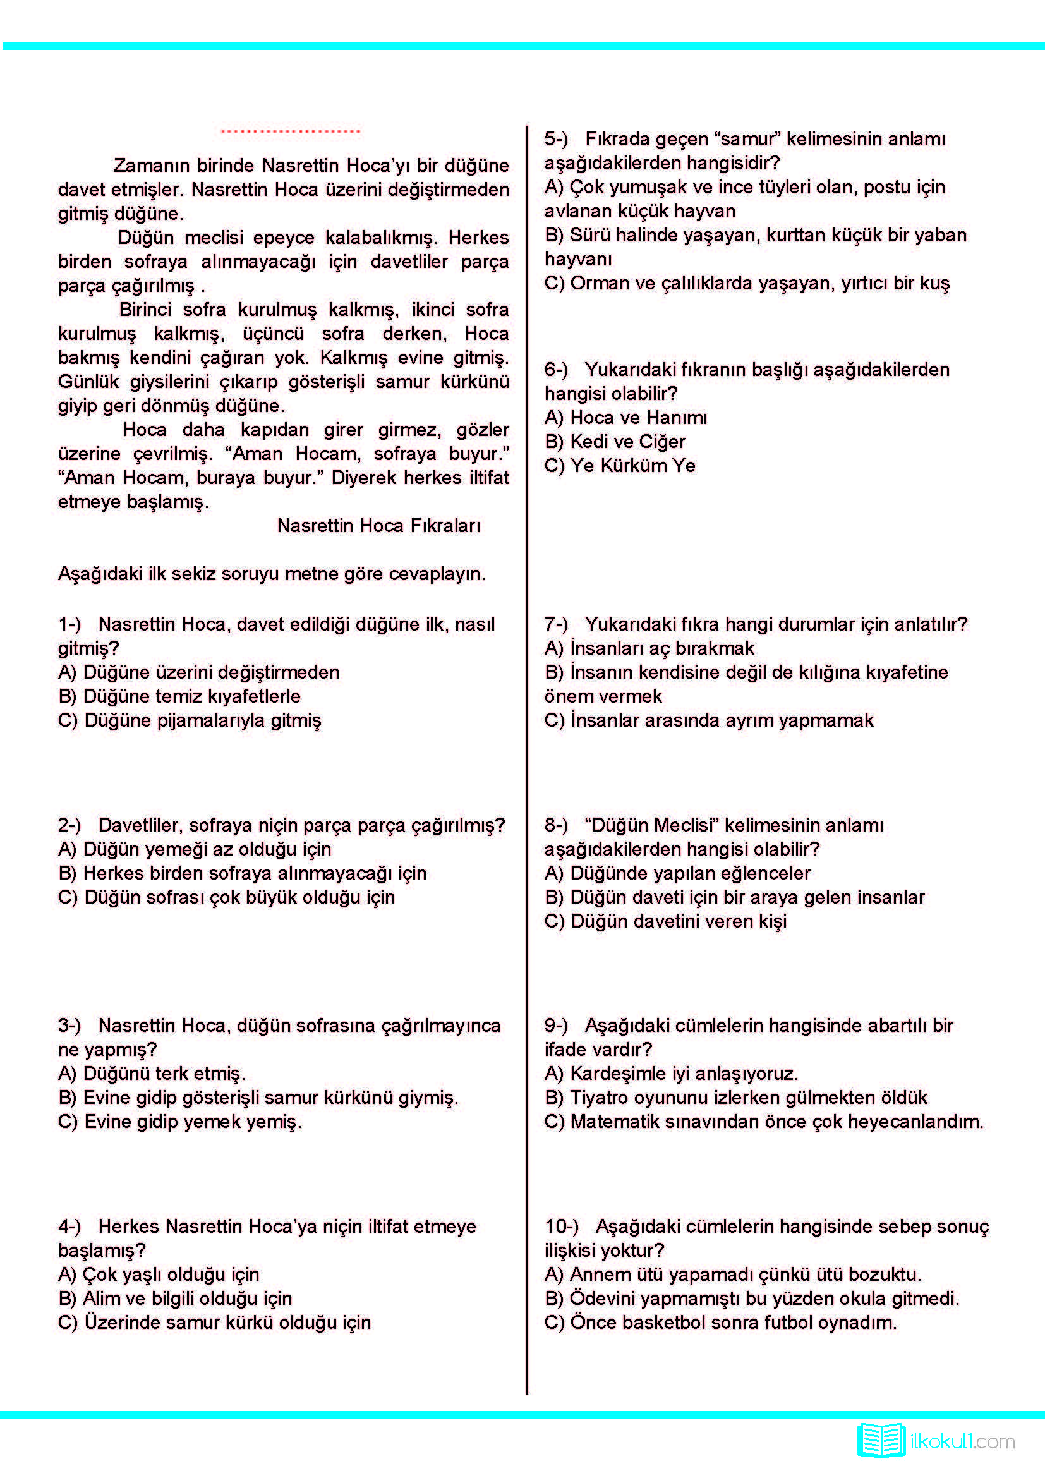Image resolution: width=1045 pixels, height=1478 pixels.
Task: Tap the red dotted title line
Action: [x=290, y=131]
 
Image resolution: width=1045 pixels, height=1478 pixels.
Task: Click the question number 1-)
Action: [x=69, y=624]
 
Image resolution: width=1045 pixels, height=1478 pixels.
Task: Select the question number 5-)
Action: [x=556, y=139]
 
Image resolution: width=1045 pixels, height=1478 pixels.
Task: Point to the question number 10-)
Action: [x=561, y=1227]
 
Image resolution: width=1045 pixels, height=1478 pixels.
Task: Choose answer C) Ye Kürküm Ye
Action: [x=620, y=466]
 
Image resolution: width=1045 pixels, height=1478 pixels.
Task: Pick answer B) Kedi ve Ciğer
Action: [x=615, y=442]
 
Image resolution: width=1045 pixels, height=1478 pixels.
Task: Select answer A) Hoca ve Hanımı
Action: [x=625, y=418]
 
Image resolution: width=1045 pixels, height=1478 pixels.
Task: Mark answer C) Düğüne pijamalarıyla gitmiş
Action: [x=189, y=720]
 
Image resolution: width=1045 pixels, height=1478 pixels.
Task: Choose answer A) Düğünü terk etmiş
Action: [x=152, y=1074]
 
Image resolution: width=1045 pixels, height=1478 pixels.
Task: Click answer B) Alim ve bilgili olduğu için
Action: [x=175, y=1299]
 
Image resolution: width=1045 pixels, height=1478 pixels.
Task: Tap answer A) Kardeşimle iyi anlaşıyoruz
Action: [x=671, y=1074]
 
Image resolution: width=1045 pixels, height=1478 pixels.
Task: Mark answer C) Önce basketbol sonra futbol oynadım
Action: [x=720, y=1322]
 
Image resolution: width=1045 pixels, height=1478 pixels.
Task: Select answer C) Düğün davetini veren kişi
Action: [x=665, y=921]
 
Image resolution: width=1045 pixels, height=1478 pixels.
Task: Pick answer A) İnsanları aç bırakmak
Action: [x=649, y=648]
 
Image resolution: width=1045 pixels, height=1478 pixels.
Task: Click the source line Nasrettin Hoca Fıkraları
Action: [x=378, y=526]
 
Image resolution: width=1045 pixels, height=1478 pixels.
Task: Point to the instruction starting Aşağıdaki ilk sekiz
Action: [x=272, y=574]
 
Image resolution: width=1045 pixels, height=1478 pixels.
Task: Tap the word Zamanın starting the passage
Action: [x=151, y=166]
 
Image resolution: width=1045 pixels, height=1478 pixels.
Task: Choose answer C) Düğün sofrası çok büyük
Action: [x=227, y=897]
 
